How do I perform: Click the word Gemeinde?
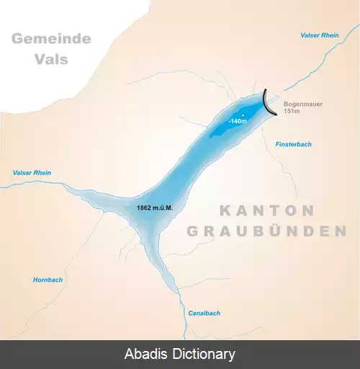(51, 37)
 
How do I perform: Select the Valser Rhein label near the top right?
(320, 35)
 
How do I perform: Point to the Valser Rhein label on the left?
(32, 173)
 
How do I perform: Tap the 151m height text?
(292, 112)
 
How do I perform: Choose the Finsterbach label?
(293, 144)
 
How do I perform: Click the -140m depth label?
(238, 121)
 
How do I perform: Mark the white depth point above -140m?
(243, 115)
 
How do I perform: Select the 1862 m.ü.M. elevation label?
(156, 208)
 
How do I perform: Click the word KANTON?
(266, 210)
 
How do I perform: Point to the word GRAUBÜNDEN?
(263, 231)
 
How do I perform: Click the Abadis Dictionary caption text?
(180, 354)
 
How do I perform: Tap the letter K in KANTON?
(224, 210)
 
